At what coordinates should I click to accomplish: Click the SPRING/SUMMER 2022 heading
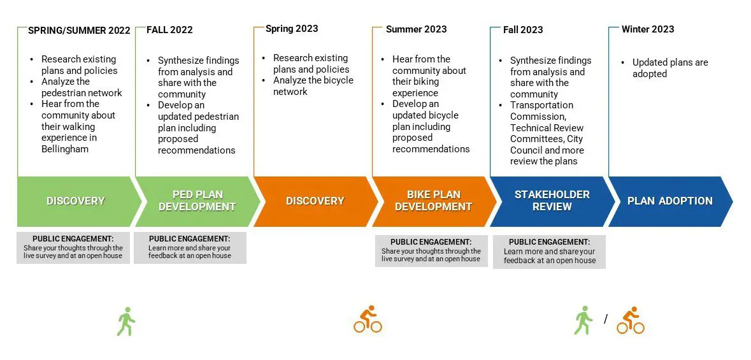79,30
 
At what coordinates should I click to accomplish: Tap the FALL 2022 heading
169,29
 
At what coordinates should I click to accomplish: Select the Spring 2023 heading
292,29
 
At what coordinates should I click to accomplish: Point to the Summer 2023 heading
416,29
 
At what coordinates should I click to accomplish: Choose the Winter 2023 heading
648,29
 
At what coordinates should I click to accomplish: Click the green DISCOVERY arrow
75,201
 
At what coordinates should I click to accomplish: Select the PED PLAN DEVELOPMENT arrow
197,201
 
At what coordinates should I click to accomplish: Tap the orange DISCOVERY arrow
315,201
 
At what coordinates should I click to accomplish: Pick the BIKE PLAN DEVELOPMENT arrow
433,201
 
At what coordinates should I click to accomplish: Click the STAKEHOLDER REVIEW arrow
552,201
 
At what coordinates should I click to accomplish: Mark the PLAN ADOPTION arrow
669,201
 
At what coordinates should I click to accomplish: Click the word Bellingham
65,149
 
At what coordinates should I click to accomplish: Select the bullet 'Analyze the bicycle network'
312,86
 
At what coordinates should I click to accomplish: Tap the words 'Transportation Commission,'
542,111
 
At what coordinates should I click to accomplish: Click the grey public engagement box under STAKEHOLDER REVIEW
549,252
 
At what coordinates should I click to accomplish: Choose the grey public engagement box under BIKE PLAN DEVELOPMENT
431,250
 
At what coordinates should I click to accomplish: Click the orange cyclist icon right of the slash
630,320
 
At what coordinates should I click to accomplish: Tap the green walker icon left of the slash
583,320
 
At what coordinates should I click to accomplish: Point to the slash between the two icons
606,319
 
